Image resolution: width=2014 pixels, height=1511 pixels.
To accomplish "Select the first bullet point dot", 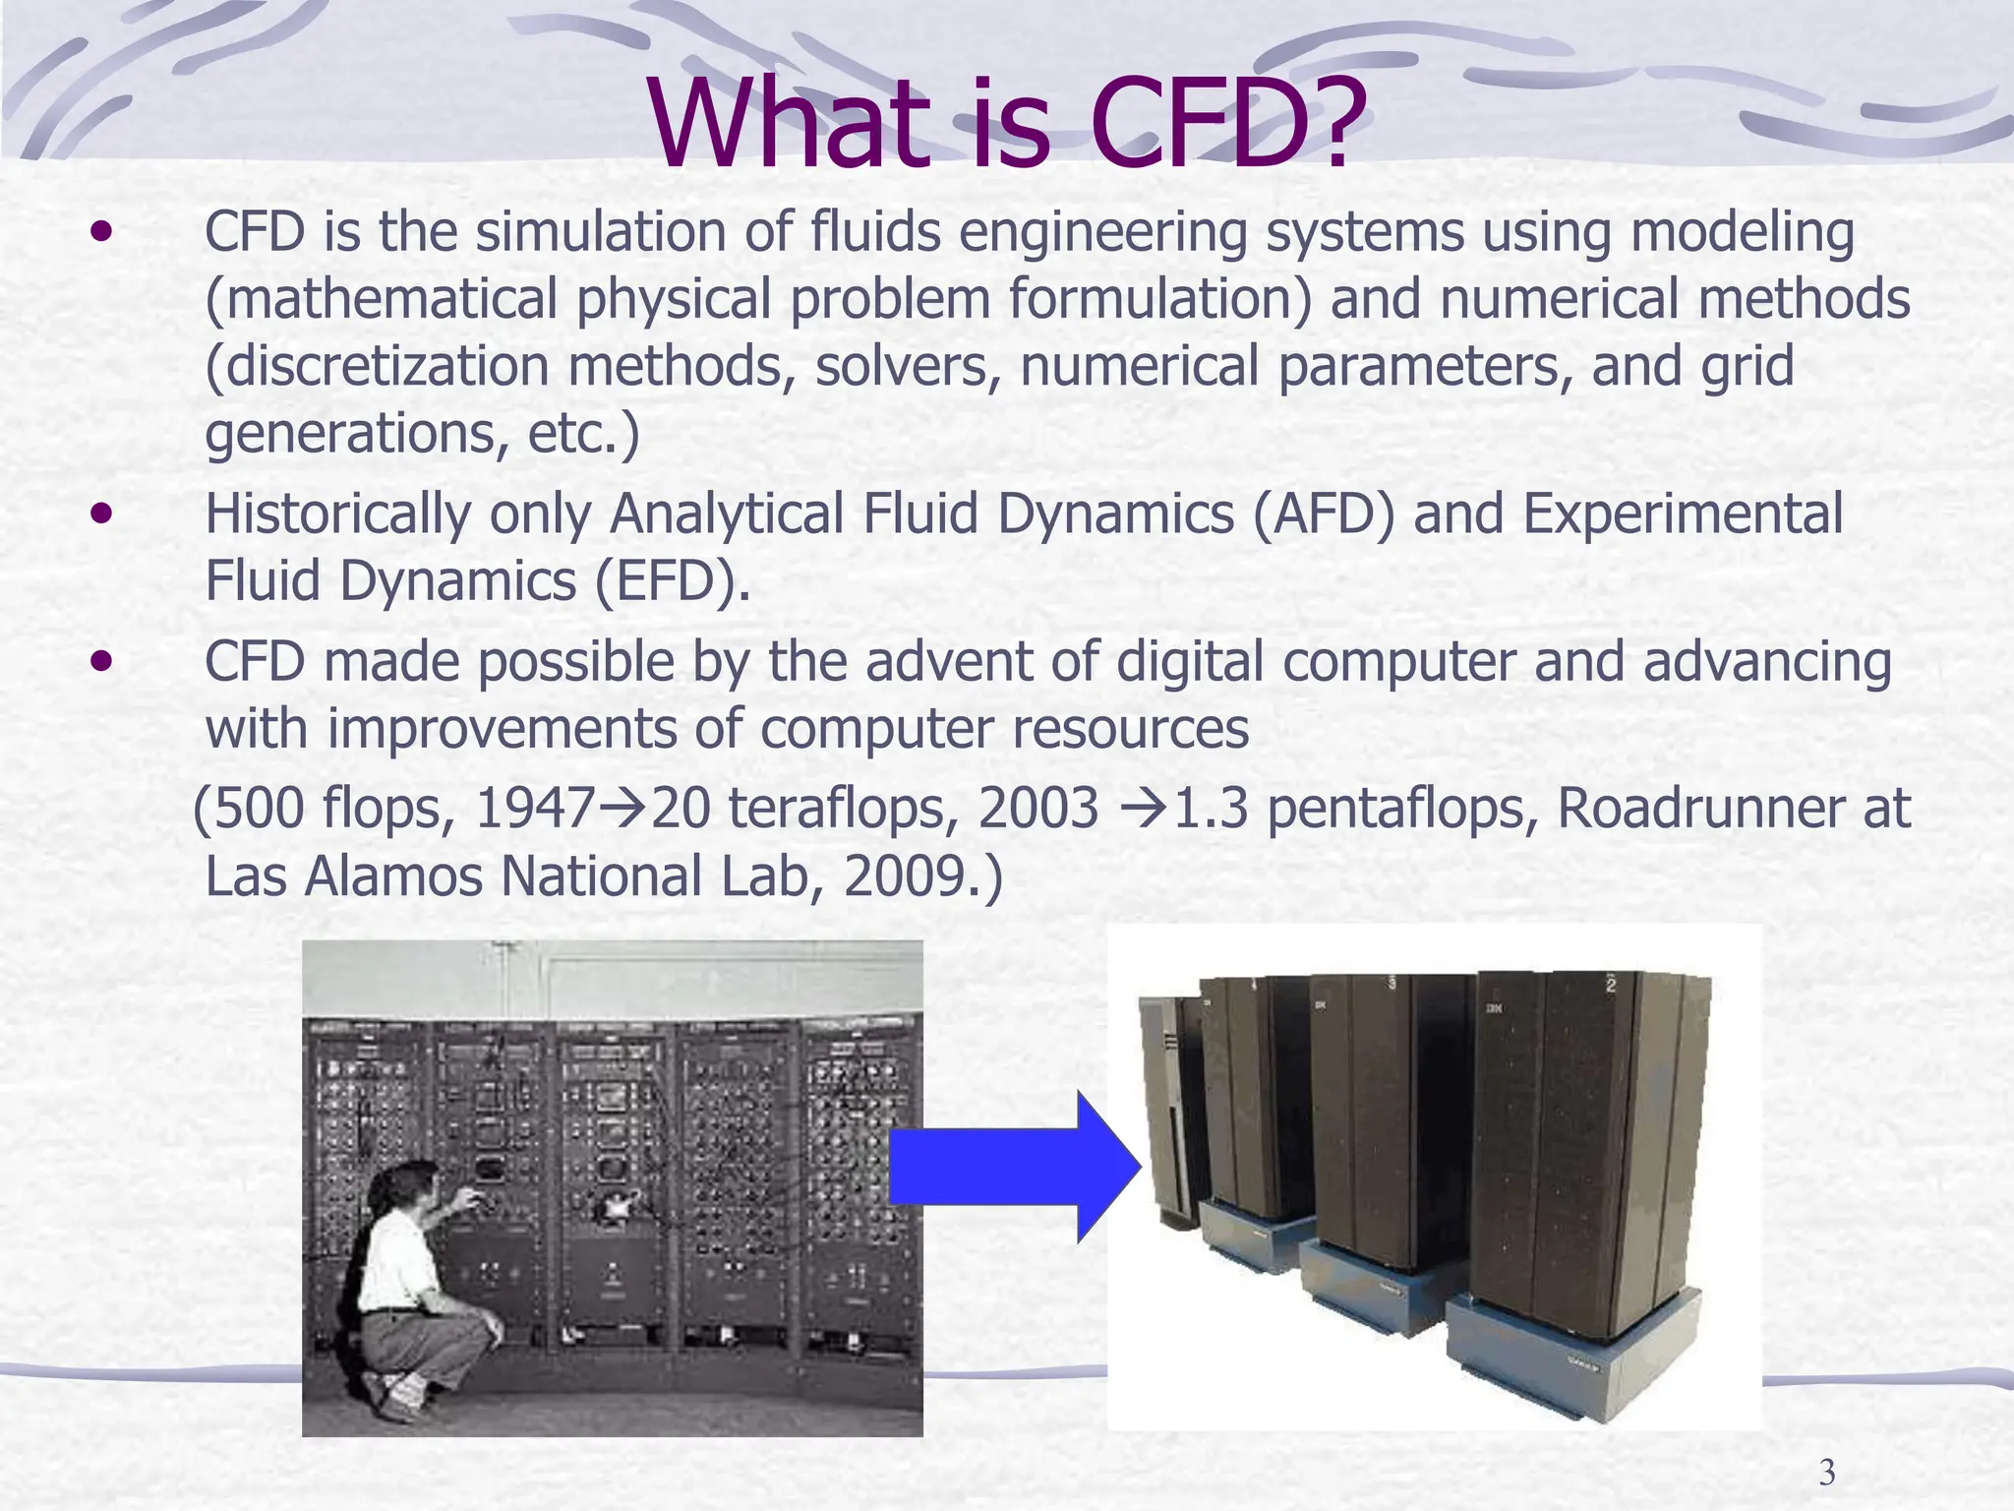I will pyautogui.click(x=100, y=234).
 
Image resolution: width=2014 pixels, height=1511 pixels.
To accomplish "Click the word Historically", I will pyautogui.click(x=337, y=515).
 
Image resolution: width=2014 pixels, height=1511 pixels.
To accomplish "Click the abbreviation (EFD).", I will pyautogui.click(x=673, y=582).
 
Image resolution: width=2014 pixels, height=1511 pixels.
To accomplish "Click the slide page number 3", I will pyautogui.click(x=1826, y=1473).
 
